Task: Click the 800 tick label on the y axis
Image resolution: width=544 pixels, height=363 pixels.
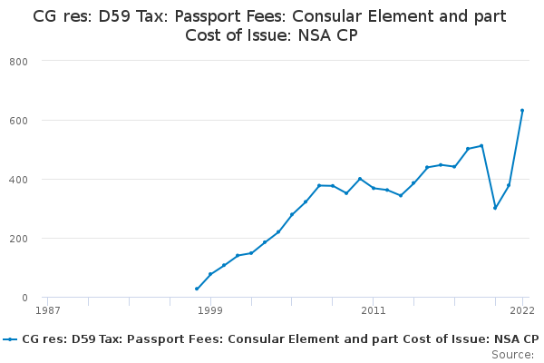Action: (x=18, y=62)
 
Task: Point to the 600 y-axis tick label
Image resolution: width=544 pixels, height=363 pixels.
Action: (x=18, y=121)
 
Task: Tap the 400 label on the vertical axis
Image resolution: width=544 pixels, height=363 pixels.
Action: (x=18, y=180)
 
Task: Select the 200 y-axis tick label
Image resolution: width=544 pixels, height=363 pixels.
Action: (x=18, y=239)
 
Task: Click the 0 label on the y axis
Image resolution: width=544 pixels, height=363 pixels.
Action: (x=24, y=298)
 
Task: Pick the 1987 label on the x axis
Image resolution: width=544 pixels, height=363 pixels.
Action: (x=48, y=310)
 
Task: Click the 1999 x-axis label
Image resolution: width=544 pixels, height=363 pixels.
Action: (x=210, y=310)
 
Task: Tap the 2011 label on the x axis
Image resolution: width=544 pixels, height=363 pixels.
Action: (x=374, y=310)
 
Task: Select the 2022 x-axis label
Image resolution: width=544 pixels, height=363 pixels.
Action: (x=522, y=310)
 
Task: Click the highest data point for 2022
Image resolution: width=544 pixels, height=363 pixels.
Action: (x=522, y=111)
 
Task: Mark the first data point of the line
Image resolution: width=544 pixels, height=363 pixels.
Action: (x=197, y=289)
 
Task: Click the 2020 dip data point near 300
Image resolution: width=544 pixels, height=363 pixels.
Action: (x=495, y=208)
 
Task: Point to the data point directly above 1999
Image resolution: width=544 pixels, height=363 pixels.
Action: (x=210, y=274)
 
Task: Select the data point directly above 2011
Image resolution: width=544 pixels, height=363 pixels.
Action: (x=374, y=188)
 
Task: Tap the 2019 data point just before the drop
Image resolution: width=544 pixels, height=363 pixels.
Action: (x=481, y=145)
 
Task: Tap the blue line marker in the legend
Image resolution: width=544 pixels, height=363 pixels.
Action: (x=10, y=339)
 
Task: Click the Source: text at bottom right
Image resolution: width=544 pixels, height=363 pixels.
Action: (x=512, y=355)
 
